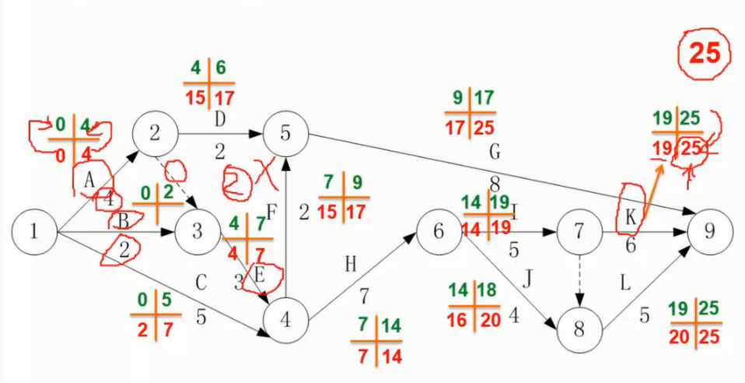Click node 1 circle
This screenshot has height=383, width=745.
point(35,232)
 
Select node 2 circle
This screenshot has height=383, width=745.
point(155,133)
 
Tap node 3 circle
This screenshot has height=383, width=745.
point(197,232)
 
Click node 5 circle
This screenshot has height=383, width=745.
point(285,133)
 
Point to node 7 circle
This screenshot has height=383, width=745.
point(579,232)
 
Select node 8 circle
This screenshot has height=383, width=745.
point(579,329)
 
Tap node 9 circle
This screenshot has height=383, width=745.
point(710,232)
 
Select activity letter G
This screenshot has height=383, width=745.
point(495,152)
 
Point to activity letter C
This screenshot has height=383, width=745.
point(201,283)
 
